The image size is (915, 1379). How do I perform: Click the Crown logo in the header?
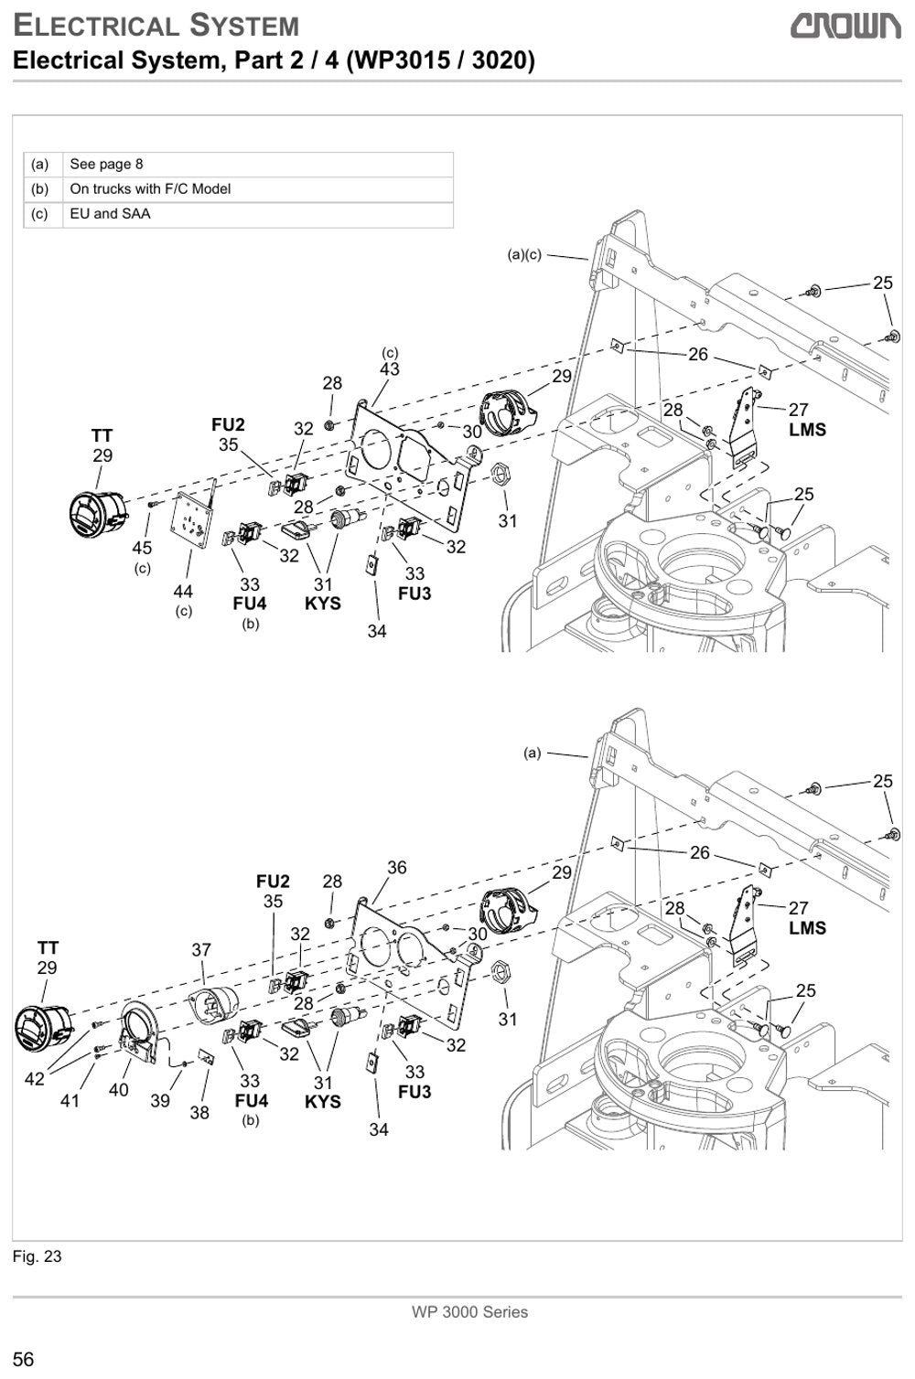(845, 27)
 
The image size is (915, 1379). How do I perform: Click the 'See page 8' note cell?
(106, 165)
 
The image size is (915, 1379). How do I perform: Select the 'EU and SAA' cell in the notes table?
(110, 214)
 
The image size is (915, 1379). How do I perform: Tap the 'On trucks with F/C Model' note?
(150, 189)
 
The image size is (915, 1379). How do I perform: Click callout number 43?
(390, 369)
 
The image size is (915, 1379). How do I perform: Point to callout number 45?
(142, 547)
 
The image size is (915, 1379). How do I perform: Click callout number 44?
(183, 591)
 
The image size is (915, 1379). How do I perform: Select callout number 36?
(397, 867)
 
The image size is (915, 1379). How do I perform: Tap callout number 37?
(201, 949)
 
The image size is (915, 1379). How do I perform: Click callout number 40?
(118, 1090)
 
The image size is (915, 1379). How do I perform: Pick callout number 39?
(160, 1100)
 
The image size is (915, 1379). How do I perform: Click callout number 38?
(199, 1112)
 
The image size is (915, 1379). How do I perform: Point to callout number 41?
(70, 1100)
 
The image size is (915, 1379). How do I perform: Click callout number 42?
(35, 1078)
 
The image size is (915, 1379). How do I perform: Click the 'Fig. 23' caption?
(37, 1256)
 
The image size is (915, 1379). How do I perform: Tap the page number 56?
(24, 1359)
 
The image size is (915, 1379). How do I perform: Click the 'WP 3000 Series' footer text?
(469, 1312)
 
